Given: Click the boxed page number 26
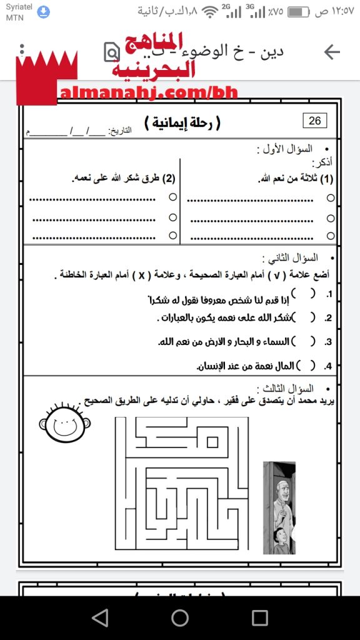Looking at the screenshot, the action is click(x=315, y=121).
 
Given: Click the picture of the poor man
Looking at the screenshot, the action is click(x=279, y=507).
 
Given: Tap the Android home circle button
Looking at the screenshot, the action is click(x=180, y=618).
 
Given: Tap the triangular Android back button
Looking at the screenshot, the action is click(x=99, y=618).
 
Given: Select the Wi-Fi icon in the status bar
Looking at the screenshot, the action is click(x=210, y=12).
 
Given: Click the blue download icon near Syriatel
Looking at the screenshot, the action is click(x=43, y=12).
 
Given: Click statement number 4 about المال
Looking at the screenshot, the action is click(x=247, y=365).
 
